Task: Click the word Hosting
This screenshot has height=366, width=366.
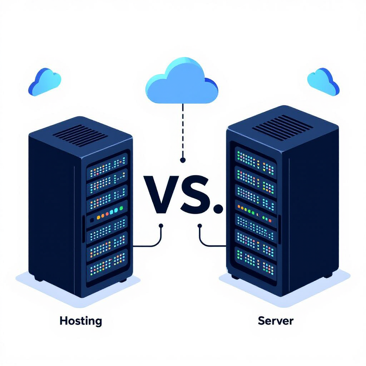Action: pos(81,321)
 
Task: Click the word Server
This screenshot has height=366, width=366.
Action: pos(275,320)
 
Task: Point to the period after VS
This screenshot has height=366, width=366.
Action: pos(217,209)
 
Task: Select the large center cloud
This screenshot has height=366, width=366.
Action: pos(182,83)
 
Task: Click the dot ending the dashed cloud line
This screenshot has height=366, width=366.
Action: pos(183,160)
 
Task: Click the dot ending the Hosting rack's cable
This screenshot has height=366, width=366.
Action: pos(161,226)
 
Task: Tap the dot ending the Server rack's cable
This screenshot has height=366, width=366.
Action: pos(200,226)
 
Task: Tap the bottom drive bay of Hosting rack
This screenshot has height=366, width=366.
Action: pos(107,264)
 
